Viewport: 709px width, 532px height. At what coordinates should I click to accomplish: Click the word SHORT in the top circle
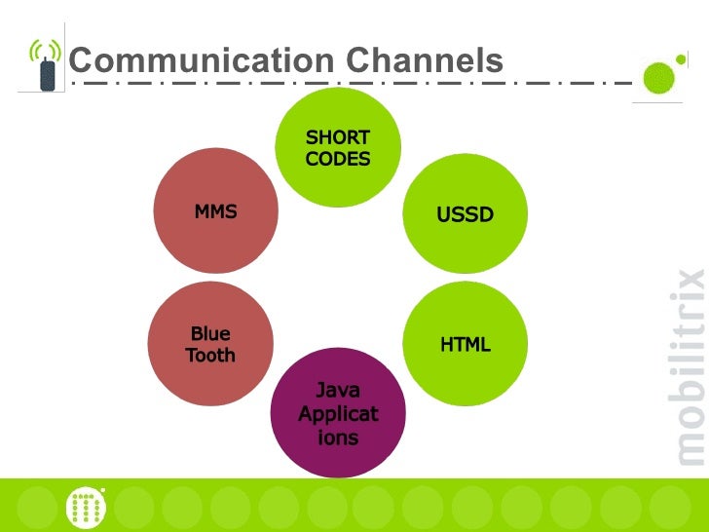click(338, 137)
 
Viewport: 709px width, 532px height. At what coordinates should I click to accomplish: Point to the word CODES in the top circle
click(338, 159)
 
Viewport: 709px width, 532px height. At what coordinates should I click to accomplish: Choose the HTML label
click(465, 345)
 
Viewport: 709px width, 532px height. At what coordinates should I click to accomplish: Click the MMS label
click(215, 211)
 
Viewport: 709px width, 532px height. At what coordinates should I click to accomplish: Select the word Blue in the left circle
click(210, 334)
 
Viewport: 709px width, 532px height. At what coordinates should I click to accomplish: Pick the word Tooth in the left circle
click(210, 356)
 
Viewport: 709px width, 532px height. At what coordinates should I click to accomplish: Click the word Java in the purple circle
click(338, 391)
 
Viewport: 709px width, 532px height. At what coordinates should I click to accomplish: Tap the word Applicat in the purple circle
click(338, 414)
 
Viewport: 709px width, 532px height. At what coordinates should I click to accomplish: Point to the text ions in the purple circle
click(338, 437)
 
